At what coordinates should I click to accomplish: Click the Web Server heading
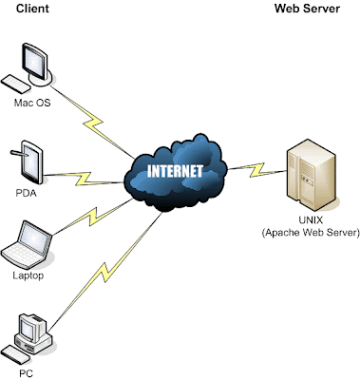(306, 9)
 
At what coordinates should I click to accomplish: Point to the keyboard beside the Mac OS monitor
(16, 83)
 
